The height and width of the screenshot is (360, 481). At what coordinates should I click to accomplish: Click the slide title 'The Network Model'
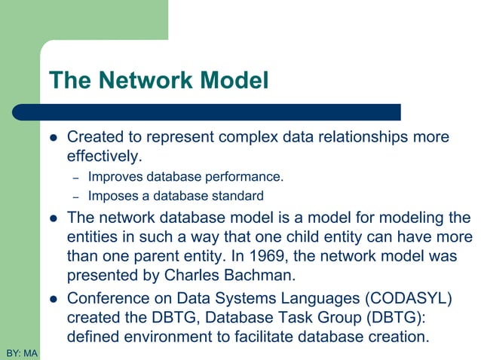158,80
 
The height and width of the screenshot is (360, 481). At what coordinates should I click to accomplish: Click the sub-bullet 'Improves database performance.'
185,178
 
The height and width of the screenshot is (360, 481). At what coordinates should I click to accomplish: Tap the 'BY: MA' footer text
21,352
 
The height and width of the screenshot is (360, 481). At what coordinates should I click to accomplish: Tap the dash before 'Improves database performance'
75,178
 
